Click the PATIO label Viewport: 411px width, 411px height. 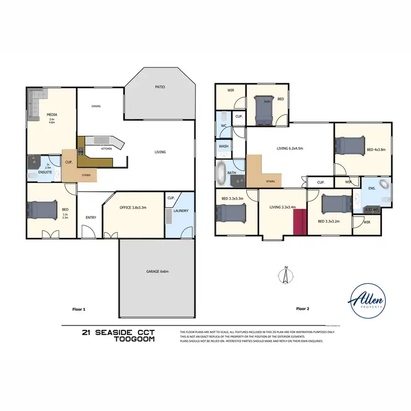pos(159,87)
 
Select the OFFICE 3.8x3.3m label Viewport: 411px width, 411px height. pos(133,208)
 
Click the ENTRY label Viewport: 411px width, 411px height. pos(90,218)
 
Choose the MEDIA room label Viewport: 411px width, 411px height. pos(52,115)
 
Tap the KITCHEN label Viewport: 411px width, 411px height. pos(107,149)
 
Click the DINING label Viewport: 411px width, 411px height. pos(96,106)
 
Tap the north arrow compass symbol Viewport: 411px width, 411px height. pos(286,275)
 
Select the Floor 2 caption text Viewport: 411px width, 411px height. pos(302,309)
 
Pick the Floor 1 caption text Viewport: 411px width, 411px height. pos(79,309)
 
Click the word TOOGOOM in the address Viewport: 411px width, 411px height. pos(134,339)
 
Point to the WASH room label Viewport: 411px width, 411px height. pos(224,146)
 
